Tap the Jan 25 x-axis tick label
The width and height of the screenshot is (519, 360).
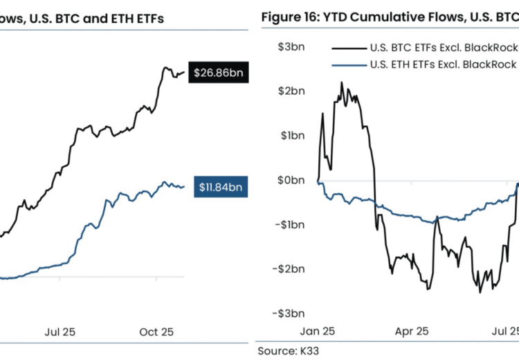[x=318, y=331]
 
